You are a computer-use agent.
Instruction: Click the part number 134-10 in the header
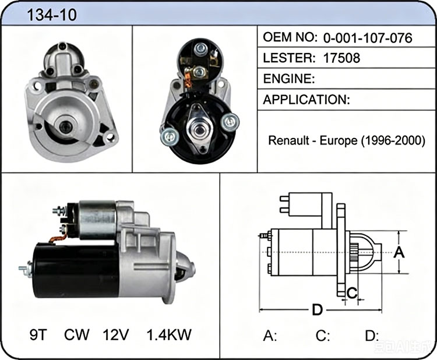pyautogui.click(x=51, y=15)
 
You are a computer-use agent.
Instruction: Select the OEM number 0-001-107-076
pyautogui.click(x=368, y=38)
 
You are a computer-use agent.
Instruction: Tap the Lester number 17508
pyautogui.click(x=341, y=58)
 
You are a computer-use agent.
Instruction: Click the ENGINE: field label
pyautogui.click(x=289, y=79)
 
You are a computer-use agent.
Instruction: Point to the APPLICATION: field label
pyautogui.click(x=306, y=100)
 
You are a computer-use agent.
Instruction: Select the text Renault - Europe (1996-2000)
pyautogui.click(x=347, y=141)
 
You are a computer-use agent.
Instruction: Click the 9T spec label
pyautogui.click(x=38, y=334)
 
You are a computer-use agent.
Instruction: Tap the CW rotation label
pyautogui.click(x=77, y=334)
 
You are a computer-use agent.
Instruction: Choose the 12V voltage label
pyautogui.click(x=116, y=334)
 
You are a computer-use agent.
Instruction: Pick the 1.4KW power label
pyautogui.click(x=169, y=334)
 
